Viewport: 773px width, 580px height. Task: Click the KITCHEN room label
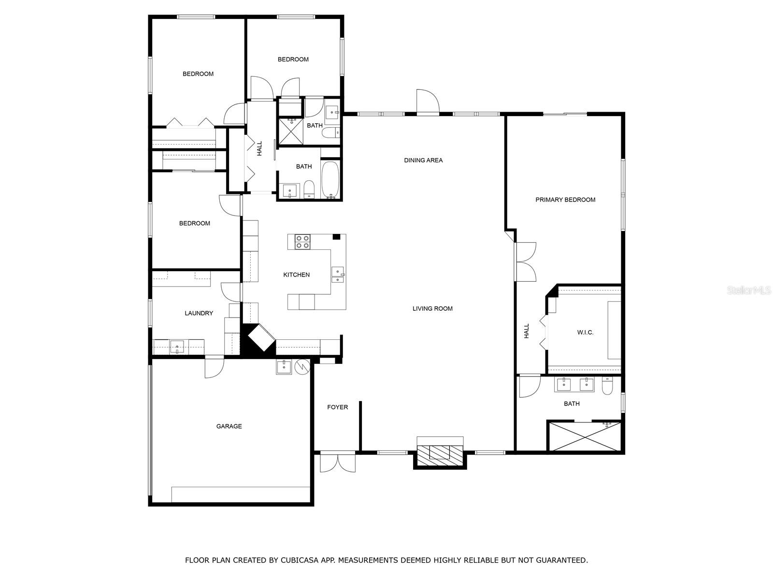click(x=296, y=275)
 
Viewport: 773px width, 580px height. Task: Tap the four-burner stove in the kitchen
click(x=302, y=242)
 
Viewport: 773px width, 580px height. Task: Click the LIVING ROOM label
click(x=432, y=308)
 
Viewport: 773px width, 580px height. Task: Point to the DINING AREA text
click(x=423, y=160)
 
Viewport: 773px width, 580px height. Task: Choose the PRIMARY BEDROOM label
click(x=565, y=200)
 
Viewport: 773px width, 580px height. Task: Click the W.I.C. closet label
click(x=585, y=332)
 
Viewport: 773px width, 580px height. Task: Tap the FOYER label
click(x=337, y=407)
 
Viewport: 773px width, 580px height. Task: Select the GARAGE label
click(x=229, y=426)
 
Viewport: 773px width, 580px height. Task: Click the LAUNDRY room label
click(x=199, y=313)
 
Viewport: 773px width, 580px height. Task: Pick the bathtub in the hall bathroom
click(x=330, y=179)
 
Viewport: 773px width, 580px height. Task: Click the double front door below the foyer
click(x=338, y=462)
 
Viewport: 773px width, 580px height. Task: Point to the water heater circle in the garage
click(x=301, y=366)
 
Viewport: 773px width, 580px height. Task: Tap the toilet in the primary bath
click(x=607, y=386)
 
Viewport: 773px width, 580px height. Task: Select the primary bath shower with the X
click(x=584, y=436)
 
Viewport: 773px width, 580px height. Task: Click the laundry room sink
click(x=177, y=347)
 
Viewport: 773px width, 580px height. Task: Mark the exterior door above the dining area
click(x=428, y=102)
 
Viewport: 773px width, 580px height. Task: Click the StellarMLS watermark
click(x=748, y=290)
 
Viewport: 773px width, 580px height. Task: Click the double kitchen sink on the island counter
click(x=338, y=275)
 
